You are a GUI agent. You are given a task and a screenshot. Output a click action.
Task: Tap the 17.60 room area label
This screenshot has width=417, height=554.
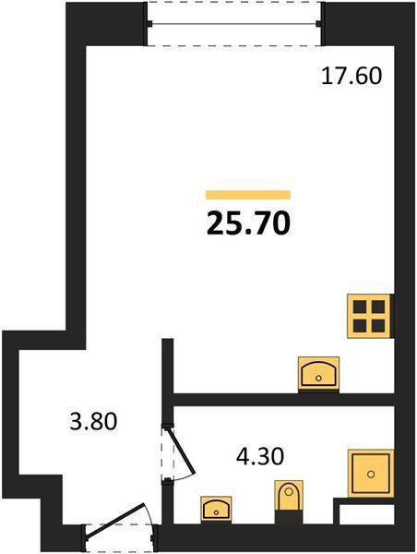click(351, 76)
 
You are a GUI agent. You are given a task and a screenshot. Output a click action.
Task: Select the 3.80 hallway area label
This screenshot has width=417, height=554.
click(93, 421)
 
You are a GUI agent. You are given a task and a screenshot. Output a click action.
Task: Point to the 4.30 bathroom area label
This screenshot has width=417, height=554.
click(260, 456)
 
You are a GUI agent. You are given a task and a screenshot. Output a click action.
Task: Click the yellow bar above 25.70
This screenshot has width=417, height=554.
click(248, 195)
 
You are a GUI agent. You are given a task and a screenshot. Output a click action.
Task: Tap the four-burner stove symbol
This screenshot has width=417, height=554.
click(369, 317)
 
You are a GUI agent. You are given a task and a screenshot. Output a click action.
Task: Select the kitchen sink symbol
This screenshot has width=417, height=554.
click(319, 373)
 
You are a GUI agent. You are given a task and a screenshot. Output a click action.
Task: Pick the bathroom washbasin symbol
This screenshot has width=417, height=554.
click(216, 509)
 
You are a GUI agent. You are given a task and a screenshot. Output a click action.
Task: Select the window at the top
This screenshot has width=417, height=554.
click(234, 24)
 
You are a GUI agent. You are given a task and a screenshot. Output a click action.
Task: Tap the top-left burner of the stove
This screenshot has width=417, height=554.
click(360, 307)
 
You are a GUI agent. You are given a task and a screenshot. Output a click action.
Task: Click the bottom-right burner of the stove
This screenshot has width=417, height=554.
click(378, 326)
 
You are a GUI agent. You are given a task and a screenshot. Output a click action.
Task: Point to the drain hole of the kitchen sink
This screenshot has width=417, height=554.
click(318, 378)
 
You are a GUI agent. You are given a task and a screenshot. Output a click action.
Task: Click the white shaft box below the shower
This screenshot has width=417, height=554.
click(366, 513)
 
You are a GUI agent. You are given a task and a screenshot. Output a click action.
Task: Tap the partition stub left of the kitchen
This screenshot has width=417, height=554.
click(167, 366)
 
